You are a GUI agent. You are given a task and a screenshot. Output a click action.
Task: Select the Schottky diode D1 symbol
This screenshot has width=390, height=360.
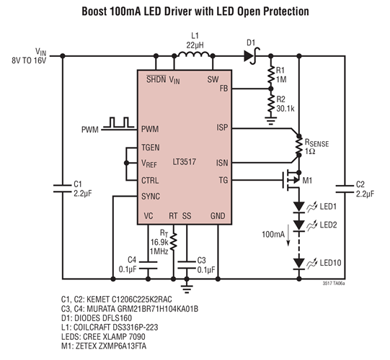click(x=252, y=55)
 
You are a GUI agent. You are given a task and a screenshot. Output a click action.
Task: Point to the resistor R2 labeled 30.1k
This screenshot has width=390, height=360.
click(x=271, y=105)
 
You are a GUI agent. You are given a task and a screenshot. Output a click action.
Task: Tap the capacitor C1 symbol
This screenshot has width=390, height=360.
click(x=61, y=189)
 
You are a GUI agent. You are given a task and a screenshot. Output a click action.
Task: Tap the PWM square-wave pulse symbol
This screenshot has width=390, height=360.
click(x=118, y=123)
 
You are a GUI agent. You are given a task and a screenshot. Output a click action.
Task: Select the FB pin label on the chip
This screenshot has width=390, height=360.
click(x=223, y=90)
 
